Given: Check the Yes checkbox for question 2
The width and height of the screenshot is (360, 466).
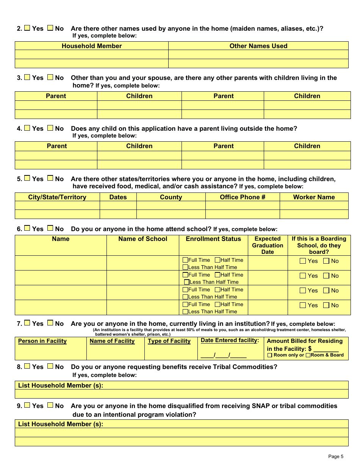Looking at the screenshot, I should pos(27,28).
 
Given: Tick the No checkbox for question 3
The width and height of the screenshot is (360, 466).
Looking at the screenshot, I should pos(50,77).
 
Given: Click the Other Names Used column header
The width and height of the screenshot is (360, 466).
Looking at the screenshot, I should pos(258,46).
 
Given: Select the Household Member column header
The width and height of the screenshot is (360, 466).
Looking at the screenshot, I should pos(92,46).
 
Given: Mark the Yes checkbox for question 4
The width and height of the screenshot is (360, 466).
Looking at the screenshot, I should pos(27,128).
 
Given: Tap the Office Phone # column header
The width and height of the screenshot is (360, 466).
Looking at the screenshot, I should pos(243,197).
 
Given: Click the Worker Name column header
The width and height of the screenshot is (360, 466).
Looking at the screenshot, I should pos(314,197).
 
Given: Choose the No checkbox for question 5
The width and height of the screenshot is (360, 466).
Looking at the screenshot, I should pos(50,178).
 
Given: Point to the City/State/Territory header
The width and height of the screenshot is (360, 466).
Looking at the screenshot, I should pos(57,197).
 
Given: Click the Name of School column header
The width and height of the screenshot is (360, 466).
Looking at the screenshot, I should pos(142,239).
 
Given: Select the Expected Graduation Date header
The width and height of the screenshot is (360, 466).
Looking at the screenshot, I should pos(268,245).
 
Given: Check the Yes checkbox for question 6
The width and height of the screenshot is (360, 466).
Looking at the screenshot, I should pos(27,228).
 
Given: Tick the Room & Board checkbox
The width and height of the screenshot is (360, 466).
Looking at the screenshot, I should pos(308,355).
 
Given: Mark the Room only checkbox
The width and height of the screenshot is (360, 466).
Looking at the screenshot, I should pos(270,355).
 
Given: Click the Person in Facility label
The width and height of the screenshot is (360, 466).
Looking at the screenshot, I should pos(42,341).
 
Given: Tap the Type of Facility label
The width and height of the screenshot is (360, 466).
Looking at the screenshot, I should pos(169,341).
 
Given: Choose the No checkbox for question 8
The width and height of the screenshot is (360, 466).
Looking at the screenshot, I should pos(50,366).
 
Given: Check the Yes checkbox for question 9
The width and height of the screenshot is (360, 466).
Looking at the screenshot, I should pos(27,405).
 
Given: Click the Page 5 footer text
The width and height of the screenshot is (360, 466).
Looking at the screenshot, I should pos(336,456).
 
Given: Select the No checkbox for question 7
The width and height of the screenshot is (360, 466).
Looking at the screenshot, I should pos(50,323).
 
